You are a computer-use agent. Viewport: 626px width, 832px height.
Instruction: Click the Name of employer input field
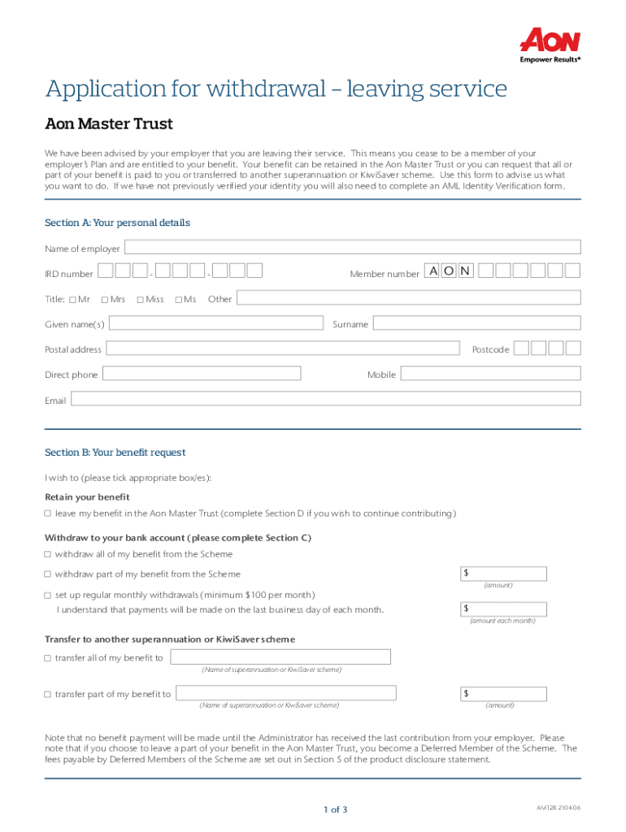click(352, 247)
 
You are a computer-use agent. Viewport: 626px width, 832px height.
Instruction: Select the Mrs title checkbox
click(105, 300)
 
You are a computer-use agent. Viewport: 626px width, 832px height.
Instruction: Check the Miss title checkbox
click(140, 300)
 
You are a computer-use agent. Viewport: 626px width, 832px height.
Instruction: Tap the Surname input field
click(476, 323)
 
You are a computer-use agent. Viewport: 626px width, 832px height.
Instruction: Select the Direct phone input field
click(202, 374)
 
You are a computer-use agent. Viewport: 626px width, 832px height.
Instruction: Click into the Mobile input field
click(491, 374)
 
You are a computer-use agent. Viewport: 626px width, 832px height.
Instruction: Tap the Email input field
click(326, 399)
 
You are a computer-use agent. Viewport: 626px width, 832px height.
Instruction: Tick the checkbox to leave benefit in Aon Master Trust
click(48, 513)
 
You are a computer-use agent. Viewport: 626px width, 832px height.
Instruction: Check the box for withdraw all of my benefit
click(48, 554)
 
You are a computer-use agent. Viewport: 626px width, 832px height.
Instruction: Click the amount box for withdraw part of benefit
click(503, 574)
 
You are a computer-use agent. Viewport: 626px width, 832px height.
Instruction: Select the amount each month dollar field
click(503, 609)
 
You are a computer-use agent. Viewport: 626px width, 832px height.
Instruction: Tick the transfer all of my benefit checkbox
click(48, 658)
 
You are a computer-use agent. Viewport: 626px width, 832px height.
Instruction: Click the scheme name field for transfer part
click(286, 693)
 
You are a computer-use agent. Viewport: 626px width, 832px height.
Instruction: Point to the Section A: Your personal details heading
click(117, 223)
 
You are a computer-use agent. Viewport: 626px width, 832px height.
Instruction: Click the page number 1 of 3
click(335, 809)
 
